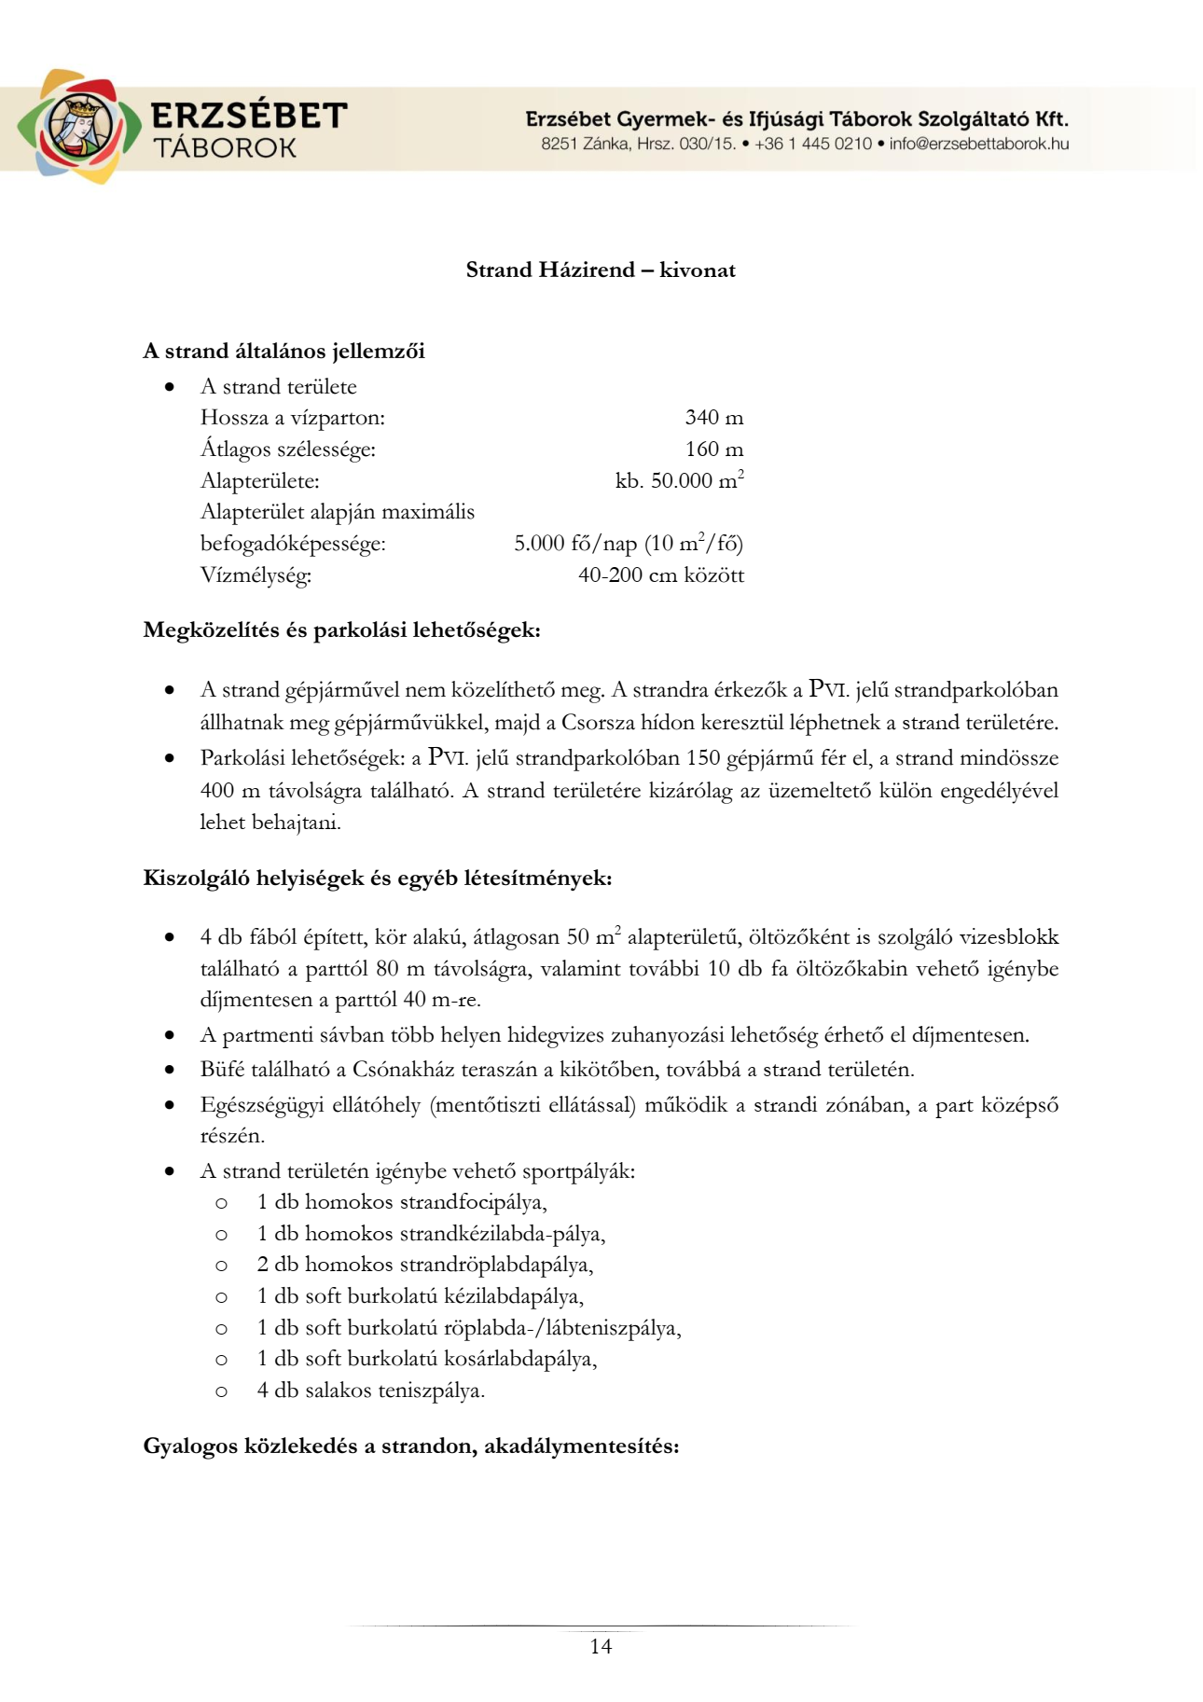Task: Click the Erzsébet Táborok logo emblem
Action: pos(78,127)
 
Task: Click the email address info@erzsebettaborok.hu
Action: pos(978,145)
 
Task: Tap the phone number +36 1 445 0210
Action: pos(813,145)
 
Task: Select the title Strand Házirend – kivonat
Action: pos(601,270)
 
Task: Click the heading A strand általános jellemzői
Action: pos(283,352)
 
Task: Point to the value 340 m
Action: pos(713,418)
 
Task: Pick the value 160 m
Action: pos(713,450)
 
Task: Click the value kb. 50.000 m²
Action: pos(679,481)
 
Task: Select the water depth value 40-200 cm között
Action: pos(660,575)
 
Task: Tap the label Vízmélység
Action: pos(256,575)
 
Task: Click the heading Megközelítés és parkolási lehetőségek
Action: pos(341,630)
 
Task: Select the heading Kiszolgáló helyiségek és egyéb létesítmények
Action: pos(377,879)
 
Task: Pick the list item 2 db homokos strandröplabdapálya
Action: pos(425,1266)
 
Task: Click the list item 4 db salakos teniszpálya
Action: pos(371,1391)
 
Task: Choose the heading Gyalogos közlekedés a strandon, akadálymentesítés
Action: pos(410,1446)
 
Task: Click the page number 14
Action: pos(601,1647)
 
